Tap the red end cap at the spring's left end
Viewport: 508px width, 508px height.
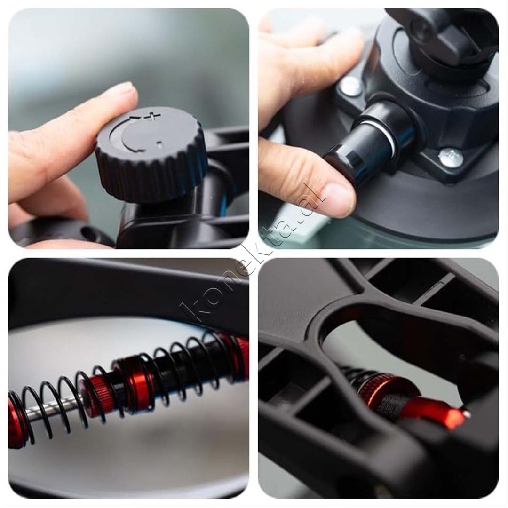(16, 421)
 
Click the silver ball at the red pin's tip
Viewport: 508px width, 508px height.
(467, 414)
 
